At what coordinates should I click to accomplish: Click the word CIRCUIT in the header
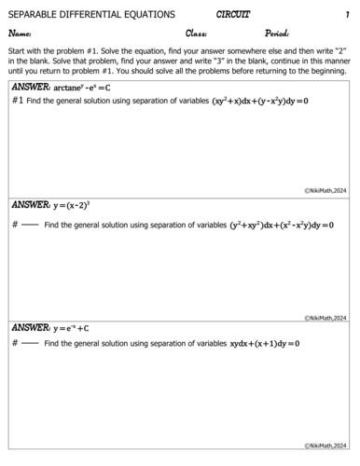click(x=233, y=14)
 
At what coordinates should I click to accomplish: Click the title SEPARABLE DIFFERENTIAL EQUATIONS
click(x=91, y=15)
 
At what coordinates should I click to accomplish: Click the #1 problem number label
click(x=18, y=100)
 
